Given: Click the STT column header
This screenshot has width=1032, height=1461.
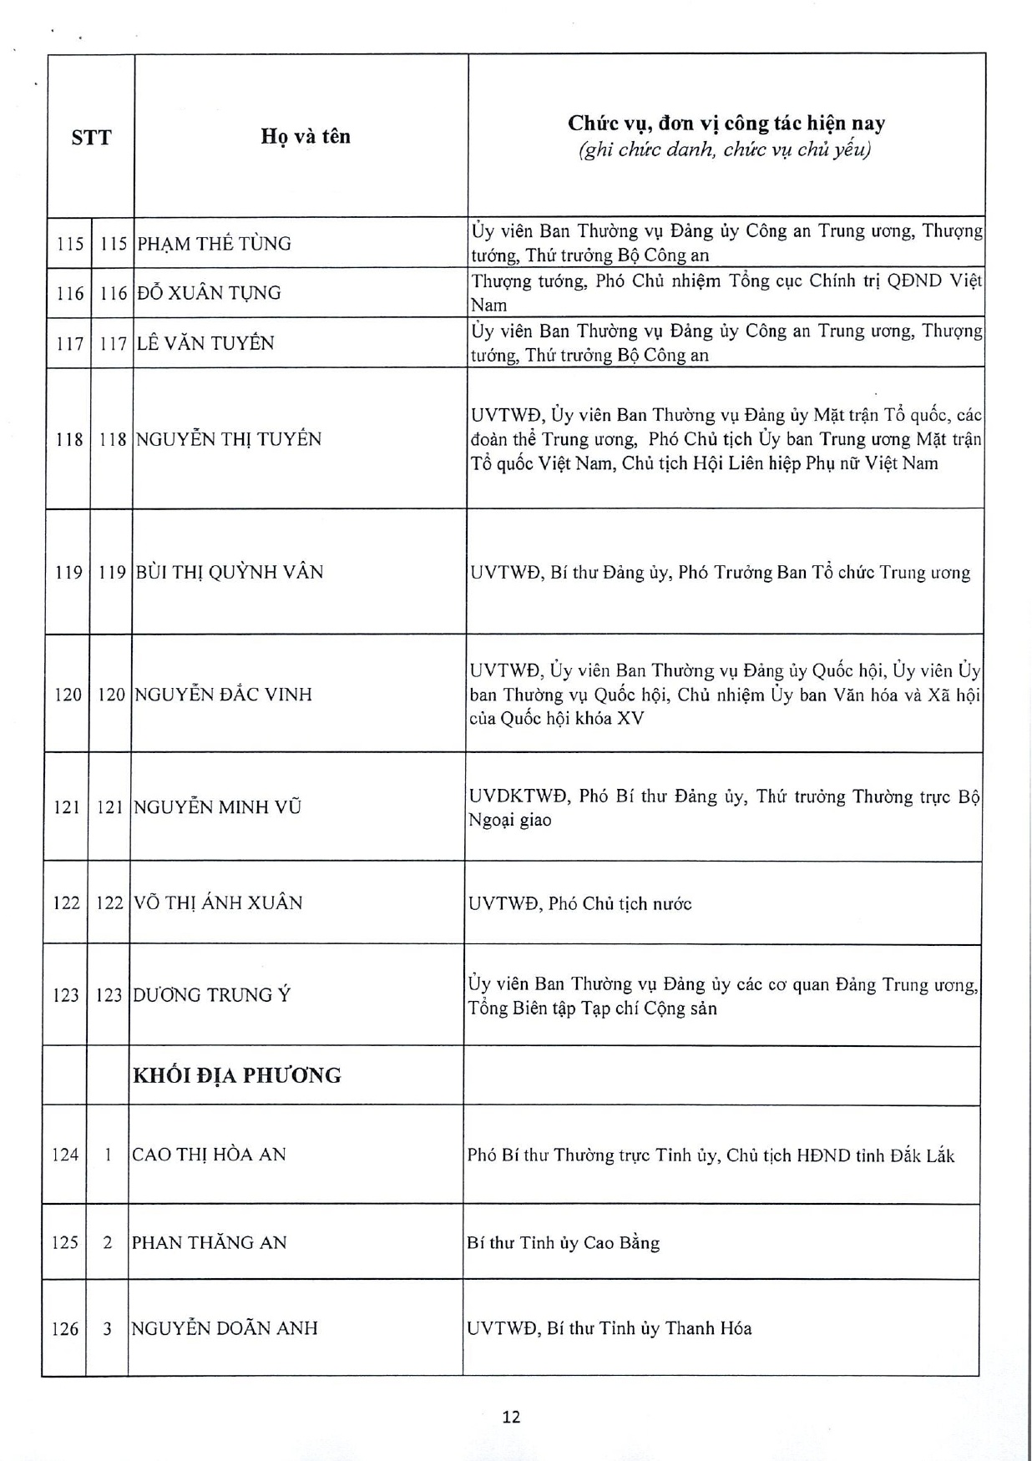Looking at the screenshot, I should point(91,138).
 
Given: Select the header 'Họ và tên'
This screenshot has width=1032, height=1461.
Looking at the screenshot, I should point(306,136).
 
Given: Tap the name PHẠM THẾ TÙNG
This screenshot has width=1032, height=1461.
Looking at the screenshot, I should point(214,244).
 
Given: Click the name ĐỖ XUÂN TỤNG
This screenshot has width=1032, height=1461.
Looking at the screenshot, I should point(209,293).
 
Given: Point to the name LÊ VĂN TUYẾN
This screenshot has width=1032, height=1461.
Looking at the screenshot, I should point(205,343).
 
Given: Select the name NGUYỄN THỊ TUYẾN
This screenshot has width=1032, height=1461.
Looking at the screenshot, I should point(228,439).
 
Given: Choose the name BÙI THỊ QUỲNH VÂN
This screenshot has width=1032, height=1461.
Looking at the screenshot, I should point(229,572).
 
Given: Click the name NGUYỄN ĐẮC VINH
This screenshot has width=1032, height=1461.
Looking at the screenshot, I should point(223,694).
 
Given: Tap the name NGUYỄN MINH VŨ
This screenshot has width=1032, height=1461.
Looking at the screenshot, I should point(217,807).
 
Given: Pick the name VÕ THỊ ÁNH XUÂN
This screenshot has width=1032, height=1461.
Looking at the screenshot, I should point(217,902).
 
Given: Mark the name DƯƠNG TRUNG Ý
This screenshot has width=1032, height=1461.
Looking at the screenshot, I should point(211,995).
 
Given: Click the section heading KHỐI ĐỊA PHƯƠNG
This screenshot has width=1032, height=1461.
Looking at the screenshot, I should point(237,1075).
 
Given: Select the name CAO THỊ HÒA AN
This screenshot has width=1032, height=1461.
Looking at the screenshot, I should point(209,1155).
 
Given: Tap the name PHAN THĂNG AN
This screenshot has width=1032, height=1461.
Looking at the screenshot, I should point(209,1242).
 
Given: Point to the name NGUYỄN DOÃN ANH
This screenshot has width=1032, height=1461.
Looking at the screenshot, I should point(224,1328).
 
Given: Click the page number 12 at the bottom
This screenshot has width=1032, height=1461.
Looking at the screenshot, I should point(512,1417).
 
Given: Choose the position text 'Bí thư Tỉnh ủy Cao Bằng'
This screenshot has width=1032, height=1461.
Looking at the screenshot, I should point(564,1243).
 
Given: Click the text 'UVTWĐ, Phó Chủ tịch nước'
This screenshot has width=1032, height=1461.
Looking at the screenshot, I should point(579,903).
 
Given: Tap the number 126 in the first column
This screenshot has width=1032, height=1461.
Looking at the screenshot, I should point(64,1329).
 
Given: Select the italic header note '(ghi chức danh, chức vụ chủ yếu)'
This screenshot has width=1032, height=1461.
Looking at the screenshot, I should point(726,150).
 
